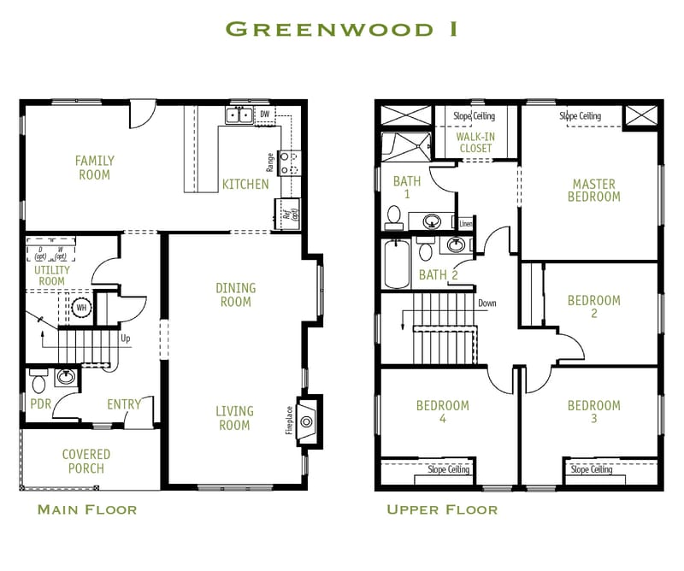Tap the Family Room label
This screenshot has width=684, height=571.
(94, 168)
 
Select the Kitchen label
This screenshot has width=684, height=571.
(245, 184)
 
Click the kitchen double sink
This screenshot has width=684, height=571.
(239, 115)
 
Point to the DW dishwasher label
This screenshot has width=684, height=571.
(264, 114)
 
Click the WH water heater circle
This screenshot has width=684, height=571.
(82, 308)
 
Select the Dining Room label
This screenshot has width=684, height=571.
(235, 295)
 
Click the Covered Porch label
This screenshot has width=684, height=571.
(86, 462)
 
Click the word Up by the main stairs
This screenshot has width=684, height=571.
(126, 338)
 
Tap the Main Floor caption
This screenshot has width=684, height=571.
(87, 510)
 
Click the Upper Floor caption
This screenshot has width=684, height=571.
(442, 510)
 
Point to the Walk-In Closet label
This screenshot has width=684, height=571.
(475, 142)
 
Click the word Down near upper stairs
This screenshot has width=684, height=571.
(486, 303)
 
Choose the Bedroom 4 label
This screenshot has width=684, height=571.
(442, 412)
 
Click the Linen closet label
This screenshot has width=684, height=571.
(466, 224)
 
